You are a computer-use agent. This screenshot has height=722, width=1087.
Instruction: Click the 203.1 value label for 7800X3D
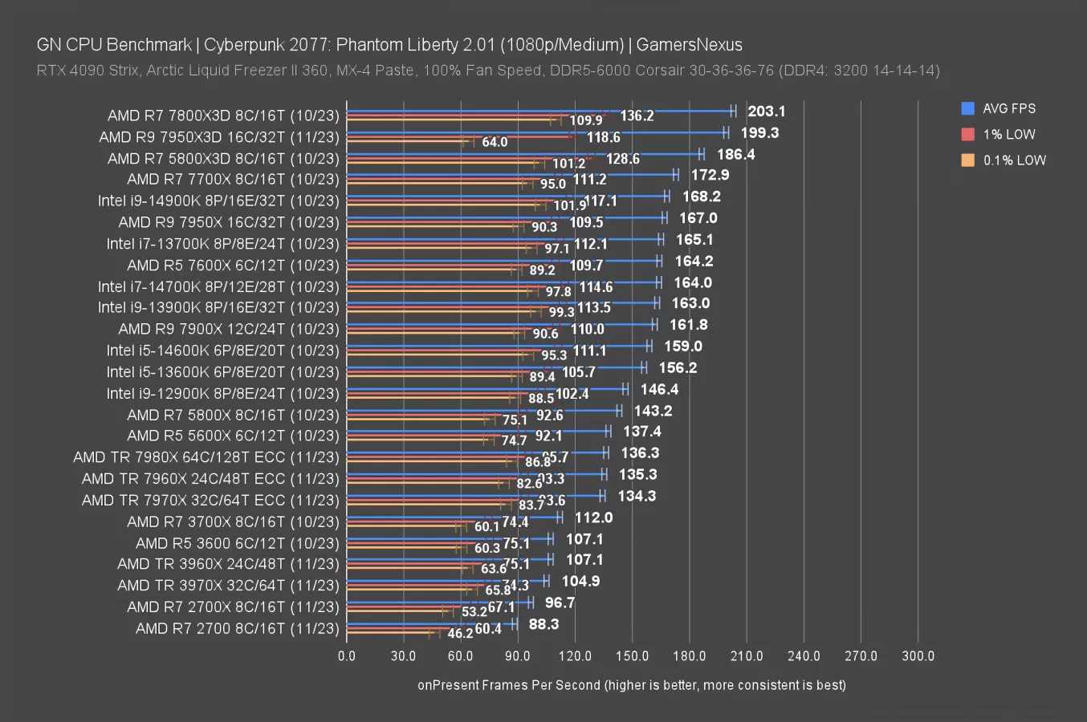tap(766, 112)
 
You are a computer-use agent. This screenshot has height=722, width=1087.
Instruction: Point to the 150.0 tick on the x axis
tap(632, 656)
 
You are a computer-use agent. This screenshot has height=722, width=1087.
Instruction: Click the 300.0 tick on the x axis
tap(918, 656)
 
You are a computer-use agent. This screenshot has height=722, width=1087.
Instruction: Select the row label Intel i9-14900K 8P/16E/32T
tap(218, 201)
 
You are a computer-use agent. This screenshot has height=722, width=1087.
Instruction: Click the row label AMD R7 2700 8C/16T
tap(237, 629)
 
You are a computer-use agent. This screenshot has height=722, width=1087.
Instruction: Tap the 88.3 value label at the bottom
tap(543, 624)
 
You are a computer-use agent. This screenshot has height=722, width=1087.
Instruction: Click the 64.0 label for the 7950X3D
tap(495, 142)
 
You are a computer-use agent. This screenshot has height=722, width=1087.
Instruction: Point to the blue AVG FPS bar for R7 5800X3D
tap(522, 154)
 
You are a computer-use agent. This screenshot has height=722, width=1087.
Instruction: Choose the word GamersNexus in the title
tap(689, 45)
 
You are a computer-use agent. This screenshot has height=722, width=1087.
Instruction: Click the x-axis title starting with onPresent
tap(631, 685)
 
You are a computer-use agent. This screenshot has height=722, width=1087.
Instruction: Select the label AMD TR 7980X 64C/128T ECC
tap(206, 457)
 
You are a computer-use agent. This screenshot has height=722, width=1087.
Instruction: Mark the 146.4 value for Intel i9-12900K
tap(659, 389)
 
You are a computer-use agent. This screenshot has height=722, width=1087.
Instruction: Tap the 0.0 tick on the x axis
tap(347, 656)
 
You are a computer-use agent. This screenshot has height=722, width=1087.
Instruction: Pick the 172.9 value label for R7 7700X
tap(710, 175)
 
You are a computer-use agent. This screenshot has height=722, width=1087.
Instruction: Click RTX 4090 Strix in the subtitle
tap(88, 71)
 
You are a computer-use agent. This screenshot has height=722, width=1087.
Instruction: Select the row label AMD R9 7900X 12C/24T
tap(229, 329)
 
